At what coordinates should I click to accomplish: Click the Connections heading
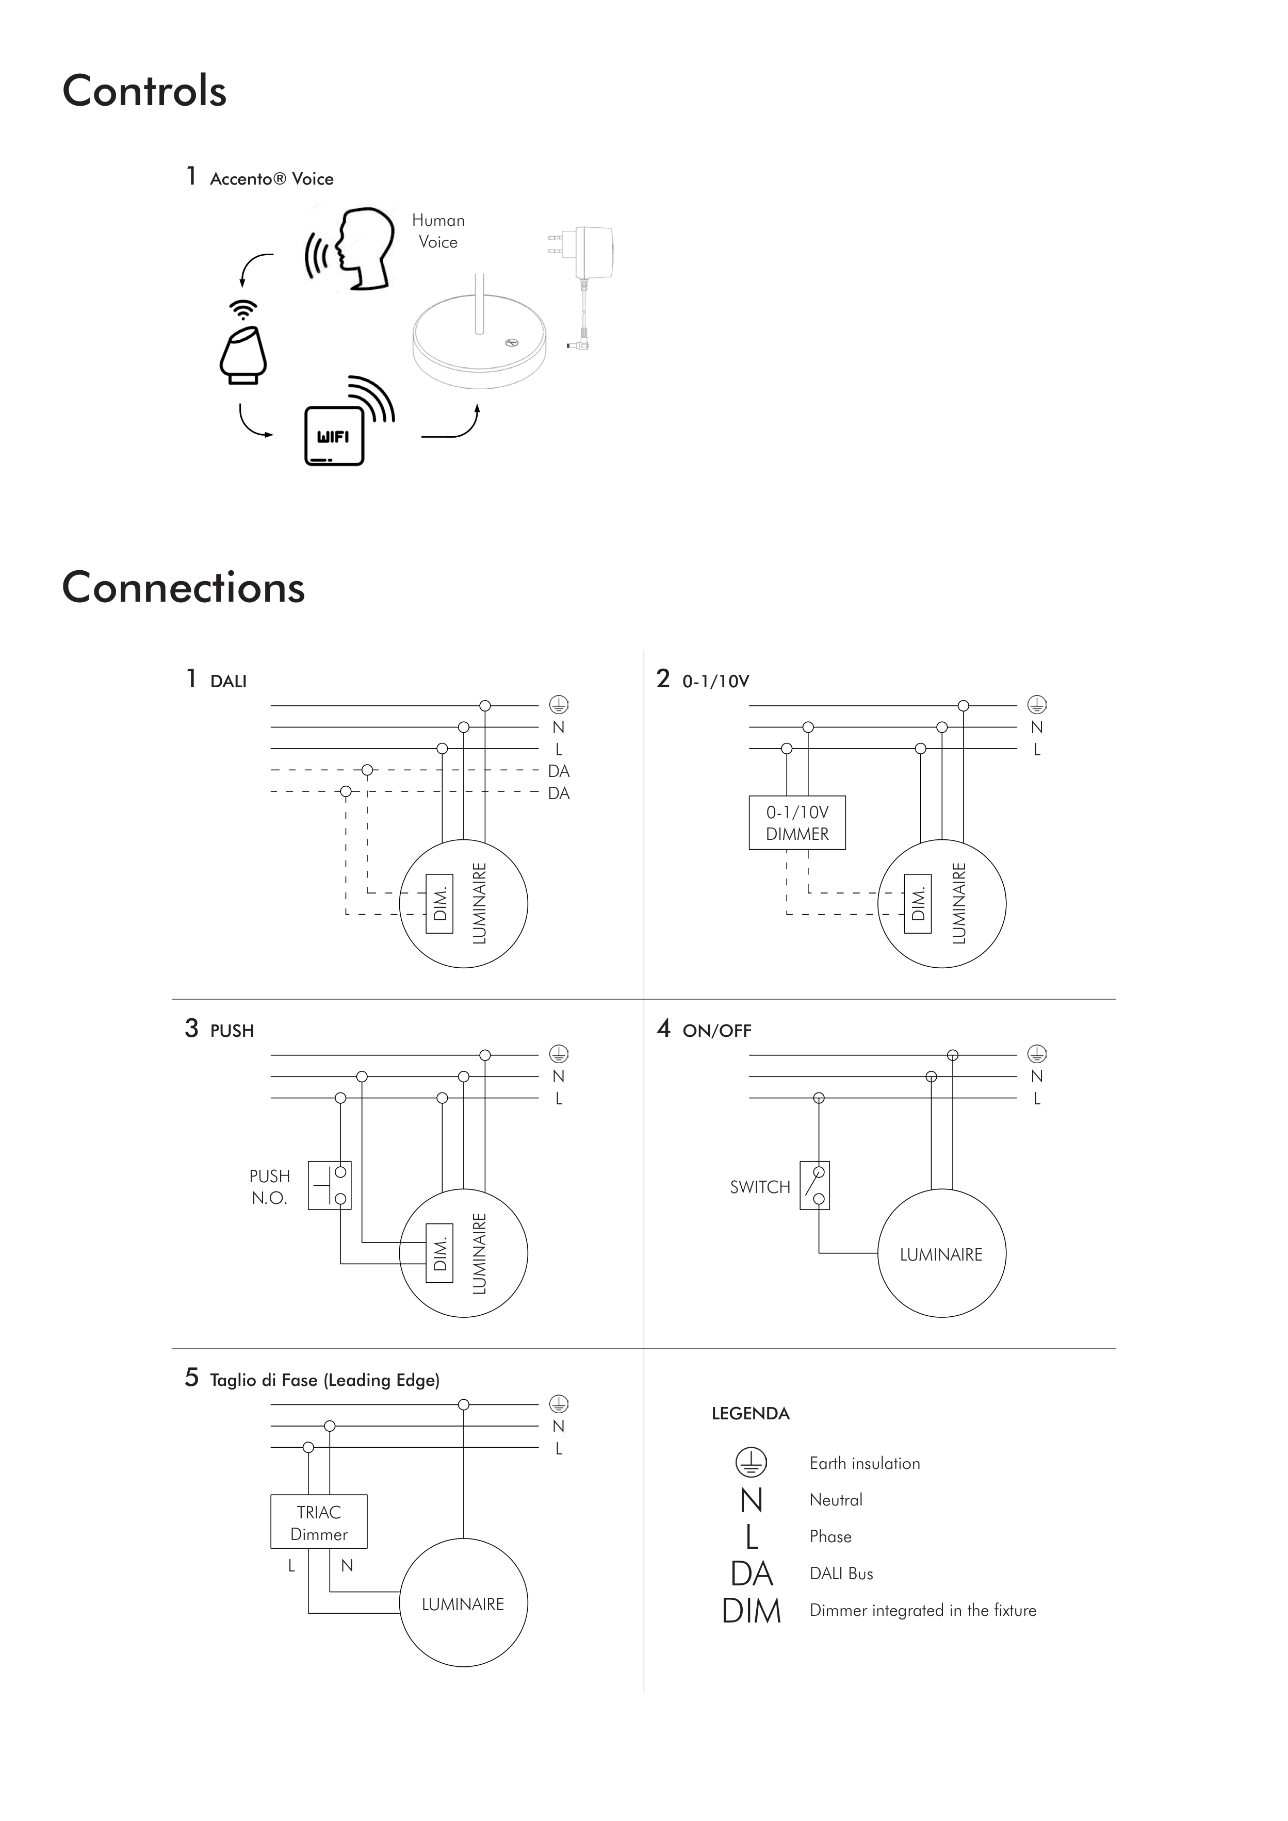(x=183, y=588)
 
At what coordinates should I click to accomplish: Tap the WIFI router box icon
(x=334, y=436)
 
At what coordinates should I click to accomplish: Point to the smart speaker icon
(x=243, y=355)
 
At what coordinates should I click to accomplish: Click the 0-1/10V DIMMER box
(x=797, y=822)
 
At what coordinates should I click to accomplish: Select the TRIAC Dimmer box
(x=318, y=1522)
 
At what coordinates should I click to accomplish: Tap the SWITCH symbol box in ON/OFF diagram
(x=814, y=1185)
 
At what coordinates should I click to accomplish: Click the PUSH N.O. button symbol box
(x=329, y=1185)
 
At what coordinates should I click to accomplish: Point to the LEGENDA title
(x=750, y=1413)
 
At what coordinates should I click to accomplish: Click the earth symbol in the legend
(x=751, y=1463)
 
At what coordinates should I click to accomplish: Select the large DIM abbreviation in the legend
(x=751, y=1611)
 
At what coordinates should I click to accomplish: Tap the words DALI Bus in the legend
(x=841, y=1574)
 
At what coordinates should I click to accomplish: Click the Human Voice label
(x=438, y=231)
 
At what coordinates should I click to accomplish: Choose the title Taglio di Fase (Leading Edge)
(x=324, y=1380)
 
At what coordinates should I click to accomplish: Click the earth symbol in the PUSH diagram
(x=559, y=1054)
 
